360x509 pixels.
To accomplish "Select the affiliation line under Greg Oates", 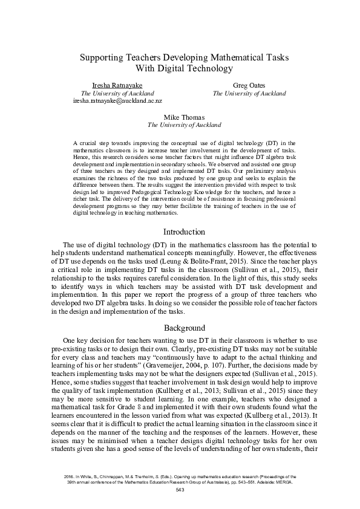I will pos(249,94).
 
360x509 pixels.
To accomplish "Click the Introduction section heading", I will pos(185,232).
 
